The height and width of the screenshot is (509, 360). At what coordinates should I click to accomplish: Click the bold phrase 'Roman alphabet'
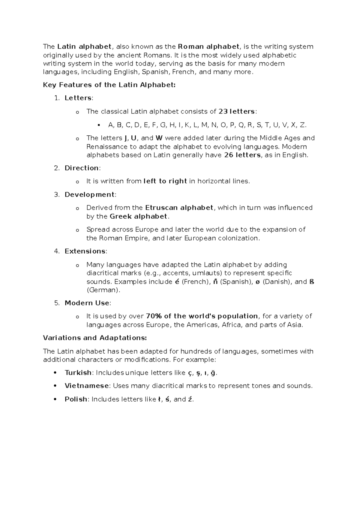[x=209, y=47]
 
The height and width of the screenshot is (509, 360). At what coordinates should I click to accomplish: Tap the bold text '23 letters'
[x=236, y=112]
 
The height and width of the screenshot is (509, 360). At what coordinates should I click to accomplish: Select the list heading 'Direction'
[x=82, y=168]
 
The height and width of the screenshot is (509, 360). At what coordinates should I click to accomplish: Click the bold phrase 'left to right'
[x=165, y=181]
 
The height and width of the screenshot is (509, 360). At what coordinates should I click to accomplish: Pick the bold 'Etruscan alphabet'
[x=179, y=208]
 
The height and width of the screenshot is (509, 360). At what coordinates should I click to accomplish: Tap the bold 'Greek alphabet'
[x=138, y=216]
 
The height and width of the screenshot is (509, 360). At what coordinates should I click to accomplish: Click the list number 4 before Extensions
[x=57, y=251]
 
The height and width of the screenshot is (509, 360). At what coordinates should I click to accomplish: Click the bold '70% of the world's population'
[x=202, y=316]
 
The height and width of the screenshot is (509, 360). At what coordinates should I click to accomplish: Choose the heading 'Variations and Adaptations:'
[x=95, y=338]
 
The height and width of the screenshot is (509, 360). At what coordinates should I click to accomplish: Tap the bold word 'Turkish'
[x=78, y=373]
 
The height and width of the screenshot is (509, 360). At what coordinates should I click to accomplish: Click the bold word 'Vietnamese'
[x=87, y=386]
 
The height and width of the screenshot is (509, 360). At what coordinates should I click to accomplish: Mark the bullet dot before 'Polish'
[x=55, y=399]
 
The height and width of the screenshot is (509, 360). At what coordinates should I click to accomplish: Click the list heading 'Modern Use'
[x=87, y=303]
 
